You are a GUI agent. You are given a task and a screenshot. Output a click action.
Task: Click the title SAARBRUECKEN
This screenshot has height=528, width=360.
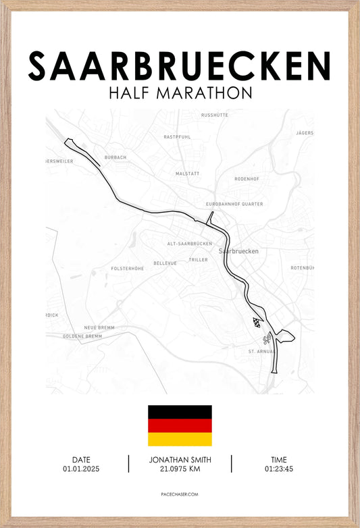[179, 65]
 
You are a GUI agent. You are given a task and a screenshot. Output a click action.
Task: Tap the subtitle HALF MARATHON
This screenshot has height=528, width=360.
[180, 93]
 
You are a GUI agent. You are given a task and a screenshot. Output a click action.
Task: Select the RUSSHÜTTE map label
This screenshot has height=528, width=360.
[215, 115]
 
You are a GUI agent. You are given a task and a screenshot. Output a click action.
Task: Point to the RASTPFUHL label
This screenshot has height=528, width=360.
[177, 136]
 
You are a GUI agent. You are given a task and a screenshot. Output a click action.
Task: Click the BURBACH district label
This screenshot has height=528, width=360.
[115, 157]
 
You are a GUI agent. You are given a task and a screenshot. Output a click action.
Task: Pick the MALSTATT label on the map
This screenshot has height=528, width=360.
[187, 174]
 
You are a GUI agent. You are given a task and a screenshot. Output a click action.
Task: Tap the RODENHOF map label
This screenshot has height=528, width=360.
[247, 179]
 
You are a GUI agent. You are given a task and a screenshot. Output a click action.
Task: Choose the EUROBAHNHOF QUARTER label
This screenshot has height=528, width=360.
[234, 203]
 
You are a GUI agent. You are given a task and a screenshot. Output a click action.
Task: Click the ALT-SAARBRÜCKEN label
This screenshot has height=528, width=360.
[189, 243]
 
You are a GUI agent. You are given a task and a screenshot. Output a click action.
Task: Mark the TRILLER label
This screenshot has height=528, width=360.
[198, 259]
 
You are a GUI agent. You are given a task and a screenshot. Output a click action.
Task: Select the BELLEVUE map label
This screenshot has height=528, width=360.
[165, 263]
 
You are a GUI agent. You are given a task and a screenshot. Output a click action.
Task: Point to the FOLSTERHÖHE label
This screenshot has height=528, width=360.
[127, 268]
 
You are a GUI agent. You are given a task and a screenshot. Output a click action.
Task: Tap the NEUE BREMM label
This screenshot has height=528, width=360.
[99, 327]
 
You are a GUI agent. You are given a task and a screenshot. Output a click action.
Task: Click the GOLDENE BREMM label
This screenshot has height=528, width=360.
[82, 336]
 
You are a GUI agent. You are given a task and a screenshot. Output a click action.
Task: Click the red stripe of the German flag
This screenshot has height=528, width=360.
[180, 425]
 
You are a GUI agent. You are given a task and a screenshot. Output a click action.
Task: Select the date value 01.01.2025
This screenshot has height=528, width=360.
[81, 469]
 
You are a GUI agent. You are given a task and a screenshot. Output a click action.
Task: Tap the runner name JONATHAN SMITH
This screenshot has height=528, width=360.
[180, 459]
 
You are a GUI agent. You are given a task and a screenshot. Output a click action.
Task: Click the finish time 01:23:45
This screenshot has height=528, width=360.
[278, 469]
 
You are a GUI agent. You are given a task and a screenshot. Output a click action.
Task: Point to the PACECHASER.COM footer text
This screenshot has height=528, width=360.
[180, 495]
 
